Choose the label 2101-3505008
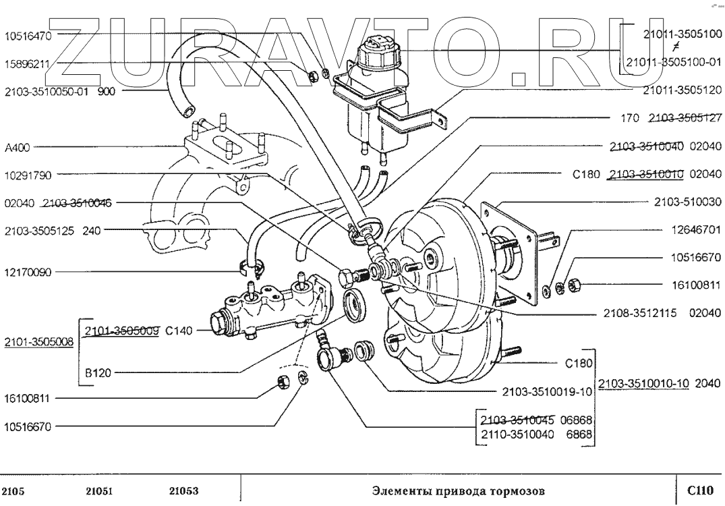pos(38,341)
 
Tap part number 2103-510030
pos(688,201)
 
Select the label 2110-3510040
pos(516,435)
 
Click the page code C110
pos(699,488)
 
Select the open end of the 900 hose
pos(185,107)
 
